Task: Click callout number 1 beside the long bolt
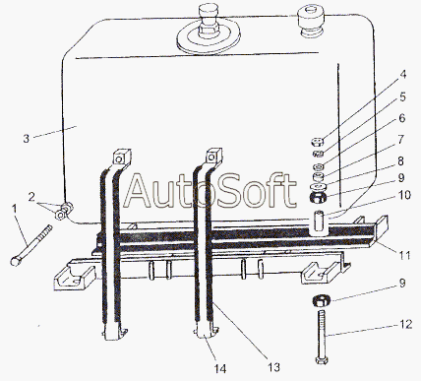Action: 14,208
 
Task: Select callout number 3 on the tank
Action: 27,138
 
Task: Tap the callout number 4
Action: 403,74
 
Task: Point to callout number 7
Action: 401,140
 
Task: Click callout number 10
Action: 405,195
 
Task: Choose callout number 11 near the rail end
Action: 404,255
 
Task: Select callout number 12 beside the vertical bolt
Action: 406,325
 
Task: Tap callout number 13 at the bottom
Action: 273,367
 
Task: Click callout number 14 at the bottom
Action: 220,369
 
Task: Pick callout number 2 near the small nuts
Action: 31,197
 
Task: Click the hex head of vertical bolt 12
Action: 321,360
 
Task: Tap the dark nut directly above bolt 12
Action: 321,300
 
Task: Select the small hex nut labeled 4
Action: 318,142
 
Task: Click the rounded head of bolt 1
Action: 16,262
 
